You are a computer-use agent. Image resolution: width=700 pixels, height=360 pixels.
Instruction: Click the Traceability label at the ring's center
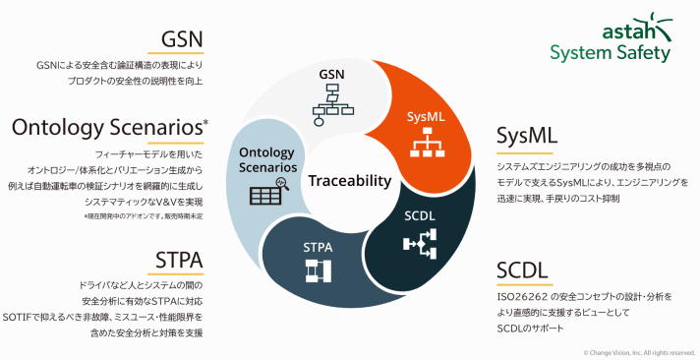(x=349, y=182)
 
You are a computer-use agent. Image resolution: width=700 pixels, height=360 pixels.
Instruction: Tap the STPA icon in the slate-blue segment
(x=318, y=270)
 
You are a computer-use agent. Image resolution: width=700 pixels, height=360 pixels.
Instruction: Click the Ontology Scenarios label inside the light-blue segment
(x=266, y=158)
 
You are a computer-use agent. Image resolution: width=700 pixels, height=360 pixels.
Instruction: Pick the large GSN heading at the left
(x=182, y=40)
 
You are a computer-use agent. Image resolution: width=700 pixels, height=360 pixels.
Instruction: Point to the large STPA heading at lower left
(x=179, y=260)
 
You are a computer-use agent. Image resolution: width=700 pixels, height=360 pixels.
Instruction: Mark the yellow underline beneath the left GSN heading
(x=182, y=55)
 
